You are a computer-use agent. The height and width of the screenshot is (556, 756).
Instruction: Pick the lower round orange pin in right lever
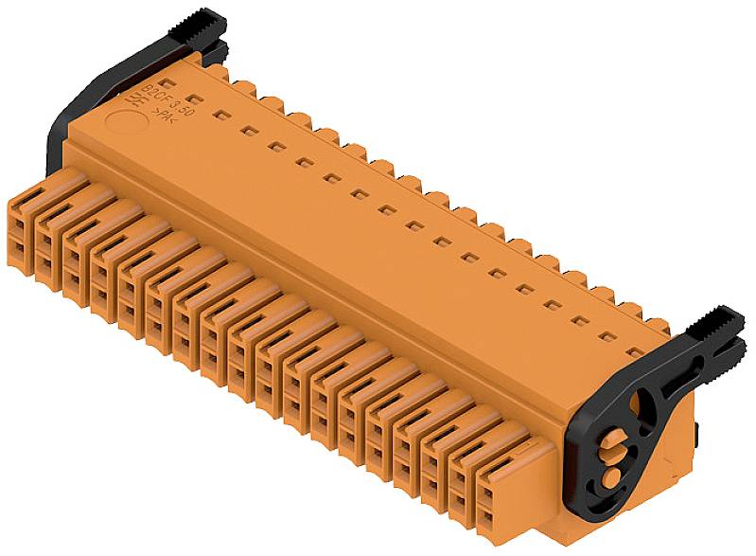coord(614,473)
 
